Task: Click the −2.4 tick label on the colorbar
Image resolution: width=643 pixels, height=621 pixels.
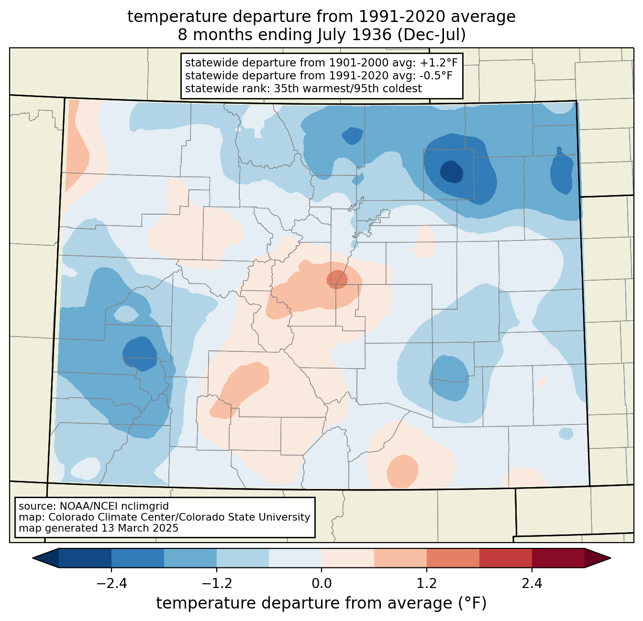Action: (x=111, y=584)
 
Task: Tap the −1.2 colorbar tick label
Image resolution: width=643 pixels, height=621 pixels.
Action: (x=217, y=584)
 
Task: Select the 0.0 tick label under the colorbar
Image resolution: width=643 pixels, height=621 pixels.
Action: (x=321, y=584)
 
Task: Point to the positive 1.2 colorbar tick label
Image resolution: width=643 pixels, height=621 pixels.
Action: (x=427, y=584)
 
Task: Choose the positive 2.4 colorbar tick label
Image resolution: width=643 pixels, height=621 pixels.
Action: (x=532, y=584)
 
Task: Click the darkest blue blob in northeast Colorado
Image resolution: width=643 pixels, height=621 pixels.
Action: (x=451, y=172)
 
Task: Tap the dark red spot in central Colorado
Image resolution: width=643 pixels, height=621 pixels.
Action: (x=337, y=280)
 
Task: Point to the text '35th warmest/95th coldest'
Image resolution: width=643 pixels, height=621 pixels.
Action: (x=348, y=88)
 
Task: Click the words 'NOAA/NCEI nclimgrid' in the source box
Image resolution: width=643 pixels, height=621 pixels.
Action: (x=114, y=506)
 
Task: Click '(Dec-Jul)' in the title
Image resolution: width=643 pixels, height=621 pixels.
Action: (x=431, y=35)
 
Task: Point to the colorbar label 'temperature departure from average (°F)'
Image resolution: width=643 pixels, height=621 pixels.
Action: (x=321, y=603)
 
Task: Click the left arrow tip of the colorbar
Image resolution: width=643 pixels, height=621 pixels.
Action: (x=33, y=558)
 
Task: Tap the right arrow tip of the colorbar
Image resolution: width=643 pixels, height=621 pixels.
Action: (x=610, y=558)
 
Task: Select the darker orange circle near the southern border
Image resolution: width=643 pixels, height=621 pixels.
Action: (x=402, y=471)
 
